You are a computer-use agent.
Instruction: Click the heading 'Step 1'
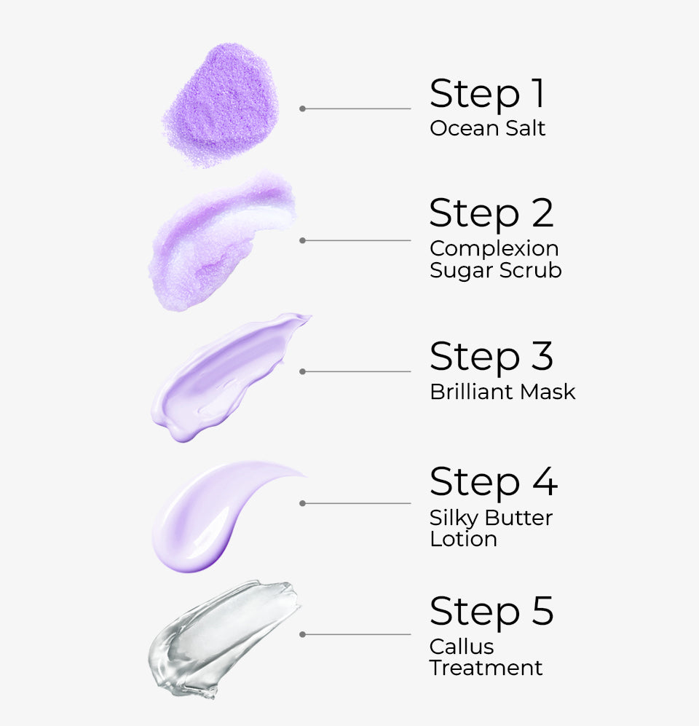pyautogui.click(x=486, y=94)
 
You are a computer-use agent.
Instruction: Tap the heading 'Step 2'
pyautogui.click(x=491, y=213)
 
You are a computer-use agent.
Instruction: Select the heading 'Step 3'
pyautogui.click(x=491, y=356)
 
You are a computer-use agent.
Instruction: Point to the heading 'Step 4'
pyautogui.click(x=493, y=481)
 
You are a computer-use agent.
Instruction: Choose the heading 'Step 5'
pyautogui.click(x=491, y=611)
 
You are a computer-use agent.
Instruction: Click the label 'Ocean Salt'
pyautogui.click(x=487, y=129)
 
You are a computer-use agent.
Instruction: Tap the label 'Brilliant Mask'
pyautogui.click(x=502, y=392)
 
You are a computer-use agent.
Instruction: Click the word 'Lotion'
pyautogui.click(x=463, y=539)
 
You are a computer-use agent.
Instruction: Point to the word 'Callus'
pyautogui.click(x=462, y=647)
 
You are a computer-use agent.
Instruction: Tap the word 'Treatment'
pyautogui.click(x=486, y=668)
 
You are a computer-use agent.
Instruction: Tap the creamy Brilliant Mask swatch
pyautogui.click(x=226, y=375)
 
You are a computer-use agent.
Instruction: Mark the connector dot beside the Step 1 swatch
pyautogui.click(x=302, y=108)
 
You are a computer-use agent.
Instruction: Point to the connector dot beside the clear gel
pyautogui.click(x=302, y=634)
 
